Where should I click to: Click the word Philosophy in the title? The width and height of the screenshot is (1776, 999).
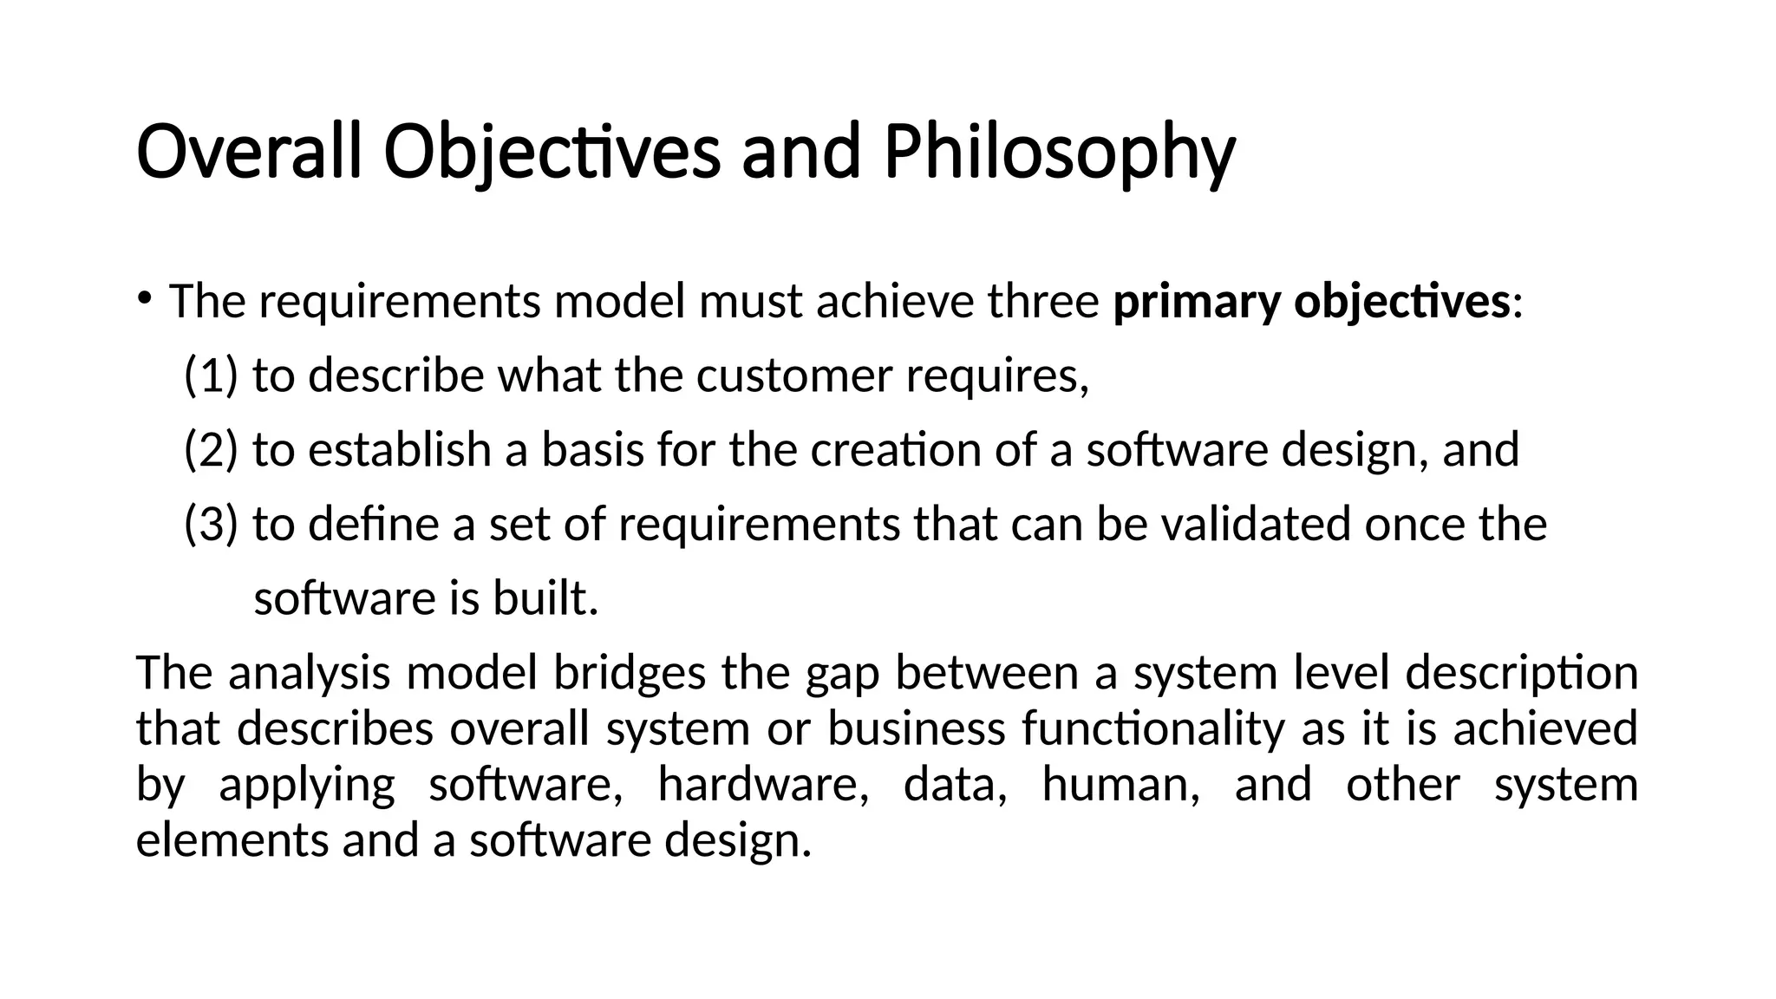(1059, 153)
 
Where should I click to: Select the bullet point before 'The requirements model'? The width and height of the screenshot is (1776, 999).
(144, 299)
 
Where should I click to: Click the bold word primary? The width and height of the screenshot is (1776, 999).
(1198, 303)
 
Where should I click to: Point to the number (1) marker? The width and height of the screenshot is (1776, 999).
(211, 376)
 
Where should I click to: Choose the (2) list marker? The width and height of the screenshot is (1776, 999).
(211, 451)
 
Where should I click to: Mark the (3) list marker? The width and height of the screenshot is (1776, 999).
(211, 526)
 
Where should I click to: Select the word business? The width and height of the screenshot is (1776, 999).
(917, 728)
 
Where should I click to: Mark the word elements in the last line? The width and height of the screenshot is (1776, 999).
(232, 840)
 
